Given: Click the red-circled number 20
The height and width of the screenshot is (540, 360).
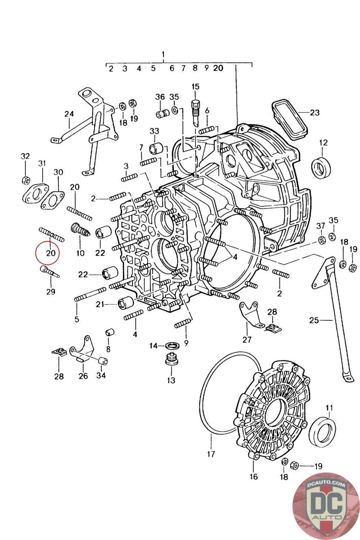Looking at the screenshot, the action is click(51, 253).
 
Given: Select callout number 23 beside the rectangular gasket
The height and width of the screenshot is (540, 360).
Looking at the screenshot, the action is click(314, 113).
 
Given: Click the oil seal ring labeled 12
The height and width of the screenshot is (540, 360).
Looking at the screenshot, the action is click(321, 167).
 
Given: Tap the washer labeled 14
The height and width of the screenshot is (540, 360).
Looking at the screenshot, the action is click(172, 346).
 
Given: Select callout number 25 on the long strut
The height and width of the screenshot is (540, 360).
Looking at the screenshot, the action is click(314, 320).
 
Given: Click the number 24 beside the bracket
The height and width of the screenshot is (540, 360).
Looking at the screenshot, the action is click(69, 114).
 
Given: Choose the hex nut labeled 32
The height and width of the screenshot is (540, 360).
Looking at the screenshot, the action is click(26, 180).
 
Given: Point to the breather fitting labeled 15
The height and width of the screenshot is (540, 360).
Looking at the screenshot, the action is click(195, 113).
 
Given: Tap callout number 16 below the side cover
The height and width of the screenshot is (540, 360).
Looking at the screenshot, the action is click(253, 476).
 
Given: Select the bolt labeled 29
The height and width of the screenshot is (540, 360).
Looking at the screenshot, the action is click(50, 272).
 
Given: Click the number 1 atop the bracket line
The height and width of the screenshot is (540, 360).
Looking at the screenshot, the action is click(163, 54).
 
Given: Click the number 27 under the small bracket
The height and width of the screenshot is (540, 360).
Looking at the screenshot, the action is click(247, 340).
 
